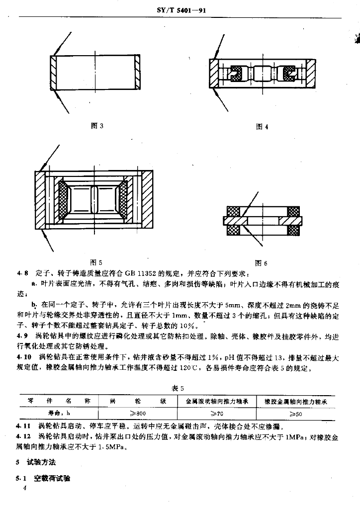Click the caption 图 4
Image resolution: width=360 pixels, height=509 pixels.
point(262,127)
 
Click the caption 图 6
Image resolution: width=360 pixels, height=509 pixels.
point(261,263)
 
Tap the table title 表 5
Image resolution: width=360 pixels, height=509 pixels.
point(179,388)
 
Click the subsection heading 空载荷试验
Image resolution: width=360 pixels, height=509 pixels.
point(52,479)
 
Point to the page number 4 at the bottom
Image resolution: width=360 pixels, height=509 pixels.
point(18,489)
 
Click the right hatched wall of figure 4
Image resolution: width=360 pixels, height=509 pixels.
point(311,73)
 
